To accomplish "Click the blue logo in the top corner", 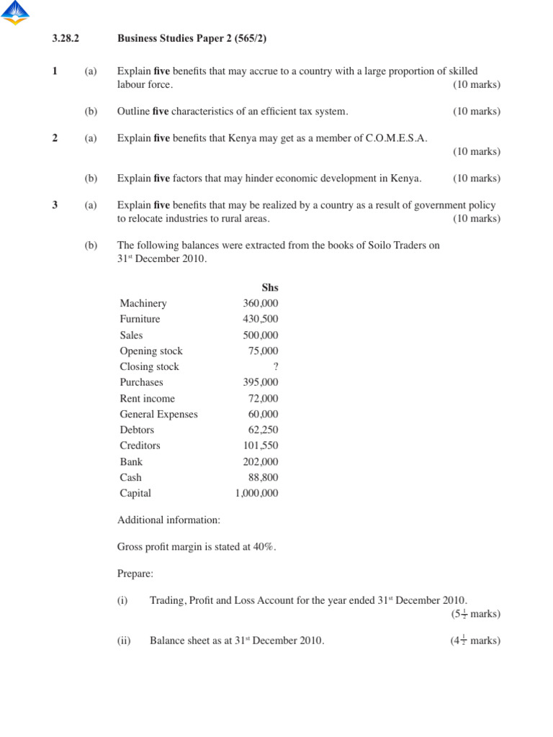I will (15, 13).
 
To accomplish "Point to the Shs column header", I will (270, 287).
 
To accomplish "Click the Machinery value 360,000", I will (261, 303).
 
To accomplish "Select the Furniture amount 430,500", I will (261, 319).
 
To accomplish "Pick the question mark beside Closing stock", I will (275, 366).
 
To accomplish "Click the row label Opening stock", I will (151, 351).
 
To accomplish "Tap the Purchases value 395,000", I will (261, 382).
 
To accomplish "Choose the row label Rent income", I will (147, 398).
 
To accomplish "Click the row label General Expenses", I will (158, 414).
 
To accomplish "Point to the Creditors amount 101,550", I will (261, 446).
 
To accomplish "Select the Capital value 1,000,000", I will (257, 493).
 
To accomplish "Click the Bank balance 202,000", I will (261, 461).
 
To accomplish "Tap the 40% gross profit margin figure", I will (264, 546).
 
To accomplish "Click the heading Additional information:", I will (168, 520).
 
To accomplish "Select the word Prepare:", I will (135, 574).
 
